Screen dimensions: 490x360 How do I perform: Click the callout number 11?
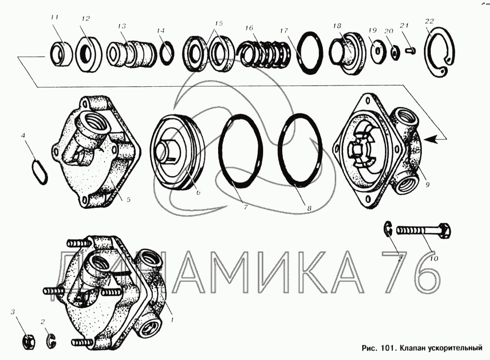point(54,18)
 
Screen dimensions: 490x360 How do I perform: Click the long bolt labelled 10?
point(423,232)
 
